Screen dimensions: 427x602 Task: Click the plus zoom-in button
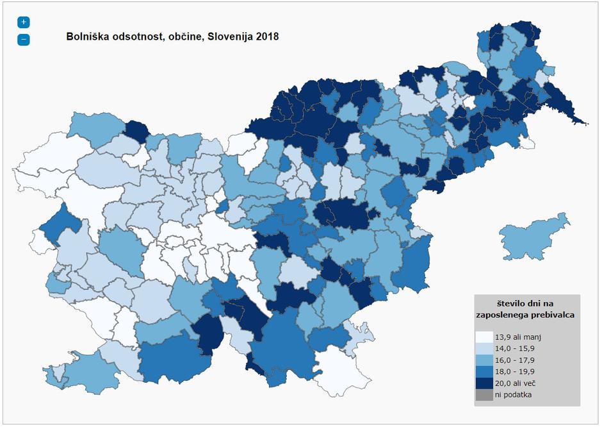point(24,22)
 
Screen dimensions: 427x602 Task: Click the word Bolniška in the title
point(87,37)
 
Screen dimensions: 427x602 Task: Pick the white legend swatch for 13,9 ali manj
point(484,337)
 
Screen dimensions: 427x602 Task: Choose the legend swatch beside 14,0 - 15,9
point(484,348)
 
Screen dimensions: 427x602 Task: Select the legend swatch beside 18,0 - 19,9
point(484,371)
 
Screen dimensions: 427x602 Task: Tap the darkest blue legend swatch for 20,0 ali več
point(484,383)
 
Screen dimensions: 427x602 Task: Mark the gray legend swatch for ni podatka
point(484,394)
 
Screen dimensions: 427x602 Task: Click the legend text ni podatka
point(514,394)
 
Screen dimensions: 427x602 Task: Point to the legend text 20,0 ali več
point(517,383)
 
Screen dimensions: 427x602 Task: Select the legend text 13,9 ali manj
point(519,337)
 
